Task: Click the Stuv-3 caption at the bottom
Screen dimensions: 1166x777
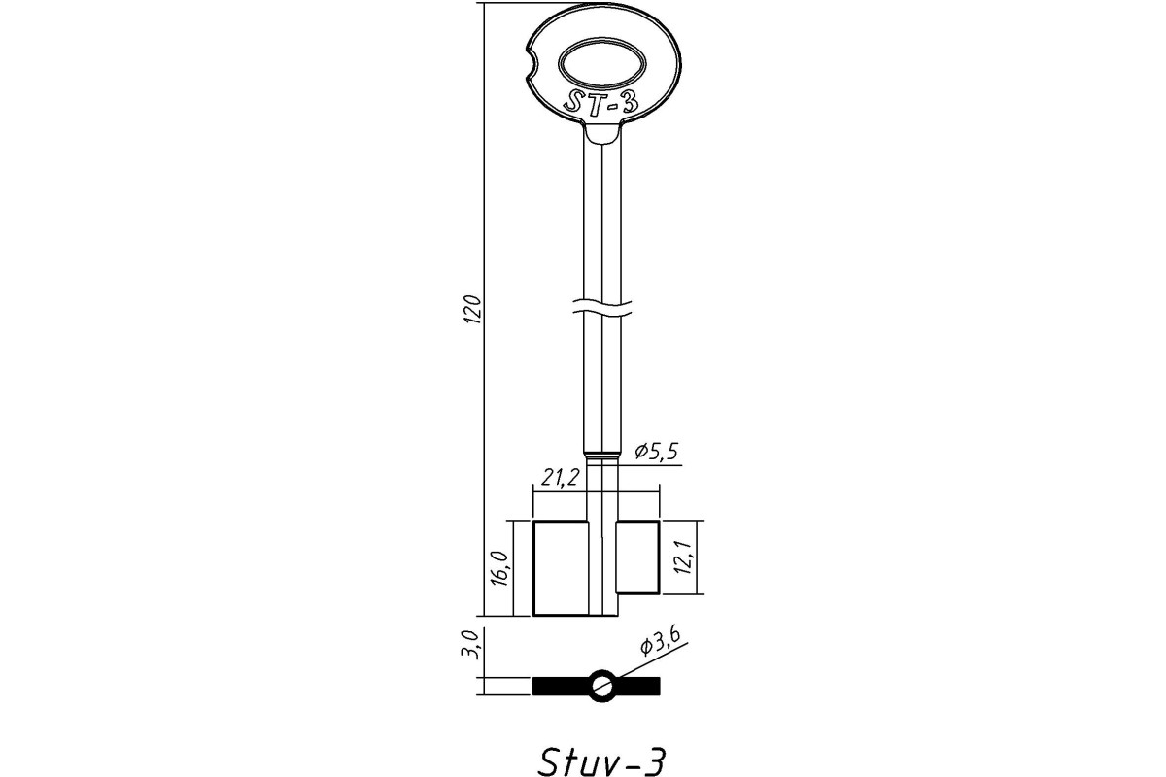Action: [601, 761]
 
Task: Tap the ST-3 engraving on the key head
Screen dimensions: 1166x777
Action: [601, 103]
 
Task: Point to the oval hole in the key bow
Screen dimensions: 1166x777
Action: [601, 64]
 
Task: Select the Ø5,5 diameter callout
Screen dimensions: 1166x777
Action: [657, 452]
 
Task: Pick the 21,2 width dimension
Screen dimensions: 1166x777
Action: [560, 477]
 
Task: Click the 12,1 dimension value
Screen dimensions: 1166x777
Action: [683, 557]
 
